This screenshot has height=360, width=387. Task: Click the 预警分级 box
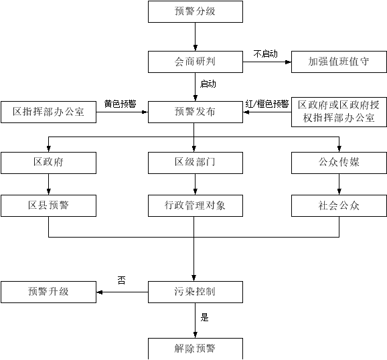196,11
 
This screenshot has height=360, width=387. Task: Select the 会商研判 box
196,62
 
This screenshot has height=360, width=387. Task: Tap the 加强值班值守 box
339,62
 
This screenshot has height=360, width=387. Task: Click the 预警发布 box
196,112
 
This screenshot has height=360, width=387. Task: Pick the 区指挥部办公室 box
48,112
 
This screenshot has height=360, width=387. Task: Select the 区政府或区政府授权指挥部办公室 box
339,112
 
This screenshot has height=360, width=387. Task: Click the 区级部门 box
196,163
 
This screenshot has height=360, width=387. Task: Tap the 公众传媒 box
339,163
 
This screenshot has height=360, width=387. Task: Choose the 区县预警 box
48,205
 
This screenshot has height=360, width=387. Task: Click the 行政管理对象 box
196,205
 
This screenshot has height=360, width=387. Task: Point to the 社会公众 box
339,205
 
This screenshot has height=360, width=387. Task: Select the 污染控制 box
196,292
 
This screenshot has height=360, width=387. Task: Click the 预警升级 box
48,292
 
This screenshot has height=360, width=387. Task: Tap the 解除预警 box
196,349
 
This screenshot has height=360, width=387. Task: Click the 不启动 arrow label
266,54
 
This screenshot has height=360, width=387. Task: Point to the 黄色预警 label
121,104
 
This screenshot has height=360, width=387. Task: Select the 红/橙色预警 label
267,104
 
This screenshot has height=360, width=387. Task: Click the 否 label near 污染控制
121,280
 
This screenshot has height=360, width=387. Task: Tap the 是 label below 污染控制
204,317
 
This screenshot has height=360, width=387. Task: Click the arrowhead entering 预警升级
99,292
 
